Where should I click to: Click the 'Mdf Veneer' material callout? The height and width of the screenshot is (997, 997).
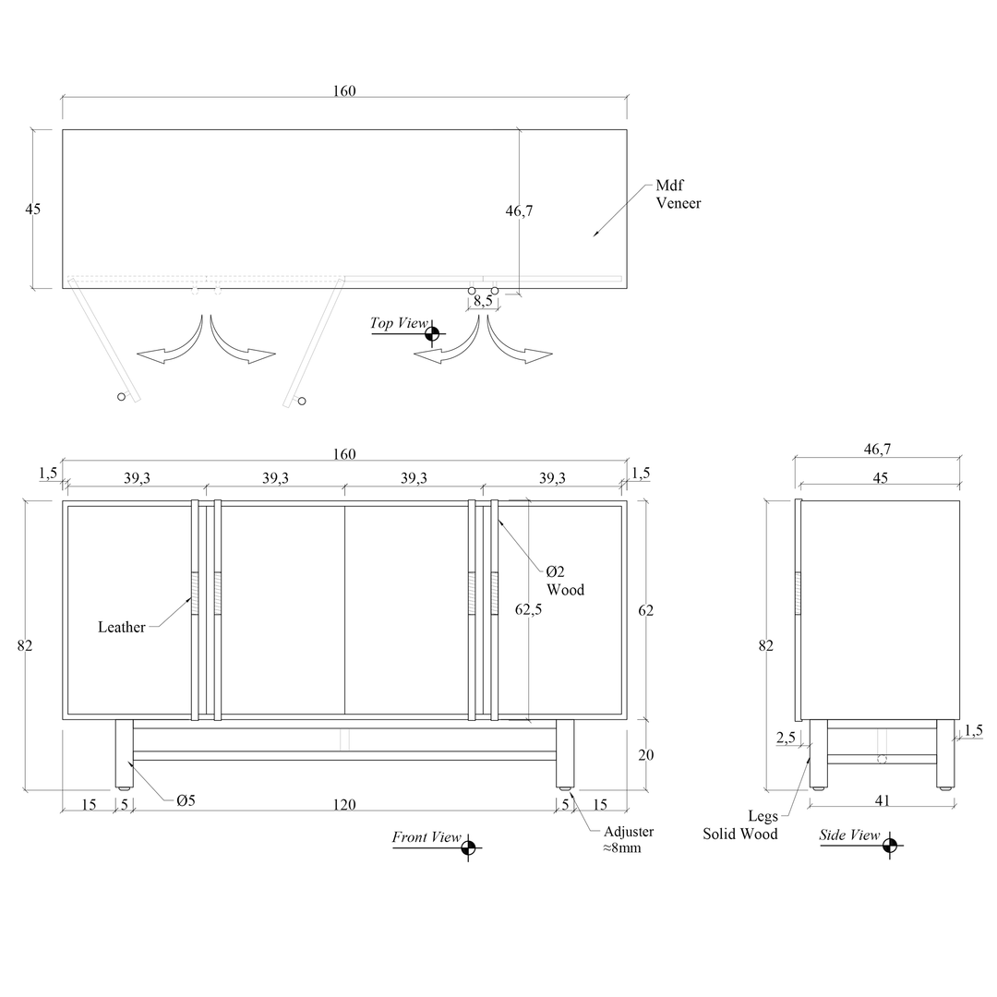[679, 194]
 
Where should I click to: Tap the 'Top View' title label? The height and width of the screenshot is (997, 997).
[400, 323]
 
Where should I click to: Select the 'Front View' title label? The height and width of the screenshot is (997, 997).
[426, 836]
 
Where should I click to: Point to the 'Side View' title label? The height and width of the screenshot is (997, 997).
[849, 835]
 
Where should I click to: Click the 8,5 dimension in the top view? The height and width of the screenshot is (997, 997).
[483, 300]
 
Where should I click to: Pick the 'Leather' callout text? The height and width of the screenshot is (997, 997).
[122, 627]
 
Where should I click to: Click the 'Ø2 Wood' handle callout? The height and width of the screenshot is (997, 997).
[565, 581]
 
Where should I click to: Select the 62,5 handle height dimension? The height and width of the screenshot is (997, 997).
[528, 609]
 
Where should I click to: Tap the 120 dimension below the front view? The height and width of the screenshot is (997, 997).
[344, 804]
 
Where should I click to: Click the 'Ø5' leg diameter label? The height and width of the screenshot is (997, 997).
[186, 800]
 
